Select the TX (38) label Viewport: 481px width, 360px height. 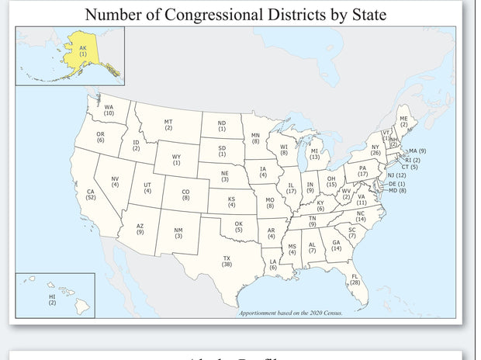click(227, 261)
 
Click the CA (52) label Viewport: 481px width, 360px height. click(91, 195)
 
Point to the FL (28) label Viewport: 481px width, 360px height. click(355, 279)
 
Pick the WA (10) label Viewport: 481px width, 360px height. click(109, 110)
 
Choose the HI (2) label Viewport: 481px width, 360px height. click(52, 299)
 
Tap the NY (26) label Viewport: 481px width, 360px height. click(375, 150)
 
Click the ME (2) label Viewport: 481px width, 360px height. click(403, 122)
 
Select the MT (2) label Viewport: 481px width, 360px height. click(168, 124)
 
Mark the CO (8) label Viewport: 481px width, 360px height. click(185, 195)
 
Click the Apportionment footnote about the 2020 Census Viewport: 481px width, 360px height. click(290, 312)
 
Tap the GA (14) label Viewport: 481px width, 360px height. click(336, 245)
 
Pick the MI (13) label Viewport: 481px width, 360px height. click(314, 154)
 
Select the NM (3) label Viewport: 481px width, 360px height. click(178, 233)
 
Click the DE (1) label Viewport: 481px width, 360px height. click(397, 184)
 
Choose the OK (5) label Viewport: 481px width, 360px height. click(238, 227)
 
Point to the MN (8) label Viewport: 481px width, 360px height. click(255, 139)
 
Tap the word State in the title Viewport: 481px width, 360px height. click(364, 14)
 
